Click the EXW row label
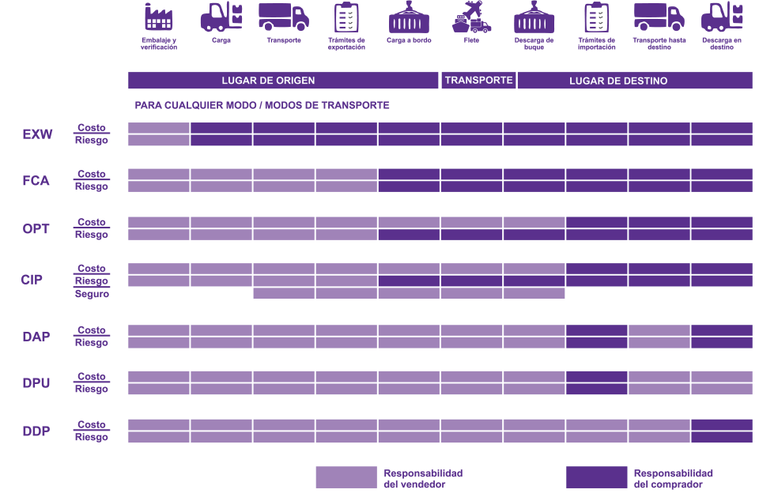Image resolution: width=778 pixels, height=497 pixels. click(37, 134)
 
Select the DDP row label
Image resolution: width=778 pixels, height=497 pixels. click(36, 431)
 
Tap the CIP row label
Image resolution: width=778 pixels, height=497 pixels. click(32, 280)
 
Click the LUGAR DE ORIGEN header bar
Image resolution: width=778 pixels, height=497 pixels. click(283, 81)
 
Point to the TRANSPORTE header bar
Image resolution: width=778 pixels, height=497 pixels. click(478, 81)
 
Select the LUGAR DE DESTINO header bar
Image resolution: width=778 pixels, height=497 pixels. click(635, 81)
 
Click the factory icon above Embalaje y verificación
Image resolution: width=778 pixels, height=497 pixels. click(158, 17)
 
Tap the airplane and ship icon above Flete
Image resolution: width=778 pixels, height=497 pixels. click(471, 17)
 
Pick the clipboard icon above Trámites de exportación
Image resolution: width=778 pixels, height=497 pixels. click(346, 17)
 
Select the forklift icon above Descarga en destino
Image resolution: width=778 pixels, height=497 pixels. click(722, 17)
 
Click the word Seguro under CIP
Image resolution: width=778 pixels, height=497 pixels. click(92, 294)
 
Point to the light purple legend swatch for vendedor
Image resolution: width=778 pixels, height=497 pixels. click(346, 477)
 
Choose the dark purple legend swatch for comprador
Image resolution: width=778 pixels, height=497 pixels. click(596, 477)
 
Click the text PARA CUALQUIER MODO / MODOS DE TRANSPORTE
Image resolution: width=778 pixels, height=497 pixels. click(262, 105)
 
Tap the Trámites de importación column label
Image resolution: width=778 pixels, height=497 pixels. click(597, 43)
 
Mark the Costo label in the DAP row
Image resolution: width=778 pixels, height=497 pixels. click(92, 330)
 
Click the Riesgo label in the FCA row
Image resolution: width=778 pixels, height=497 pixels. click(92, 186)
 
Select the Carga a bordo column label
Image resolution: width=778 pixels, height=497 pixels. click(409, 40)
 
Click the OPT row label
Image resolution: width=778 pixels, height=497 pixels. click(36, 229)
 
